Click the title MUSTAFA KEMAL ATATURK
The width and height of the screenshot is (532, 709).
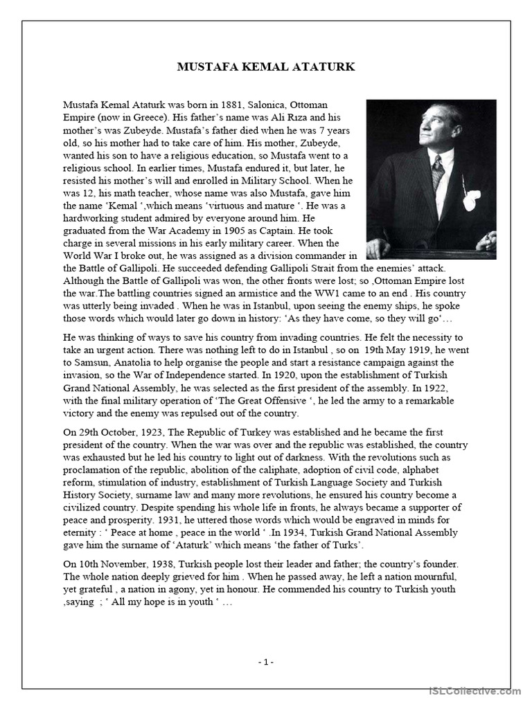(266, 67)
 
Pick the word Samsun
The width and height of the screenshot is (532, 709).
(94, 362)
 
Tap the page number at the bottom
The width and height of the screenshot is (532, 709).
(266, 661)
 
